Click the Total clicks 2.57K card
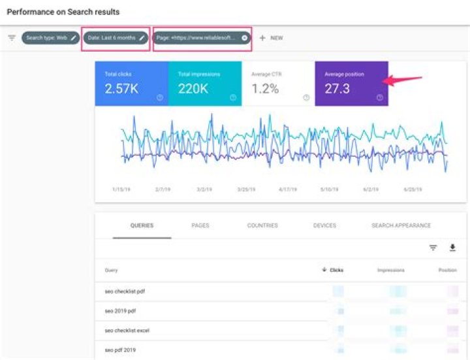pyautogui.click(x=131, y=84)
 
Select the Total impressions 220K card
pyautogui.click(x=205, y=84)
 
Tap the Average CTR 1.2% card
pyautogui.click(x=278, y=84)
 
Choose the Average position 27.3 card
pyautogui.click(x=351, y=84)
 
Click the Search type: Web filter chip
pyautogui.click(x=50, y=38)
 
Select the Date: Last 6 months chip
pyautogui.click(x=116, y=38)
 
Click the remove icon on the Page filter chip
pyautogui.click(x=245, y=38)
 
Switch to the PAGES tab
pyautogui.click(x=200, y=225)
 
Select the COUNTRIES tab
pyautogui.click(x=262, y=225)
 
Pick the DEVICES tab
pyautogui.click(x=324, y=225)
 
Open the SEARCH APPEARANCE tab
pyautogui.click(x=401, y=225)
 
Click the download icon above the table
pyautogui.click(x=452, y=248)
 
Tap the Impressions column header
pyautogui.click(x=390, y=270)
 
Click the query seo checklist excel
pyautogui.click(x=127, y=331)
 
